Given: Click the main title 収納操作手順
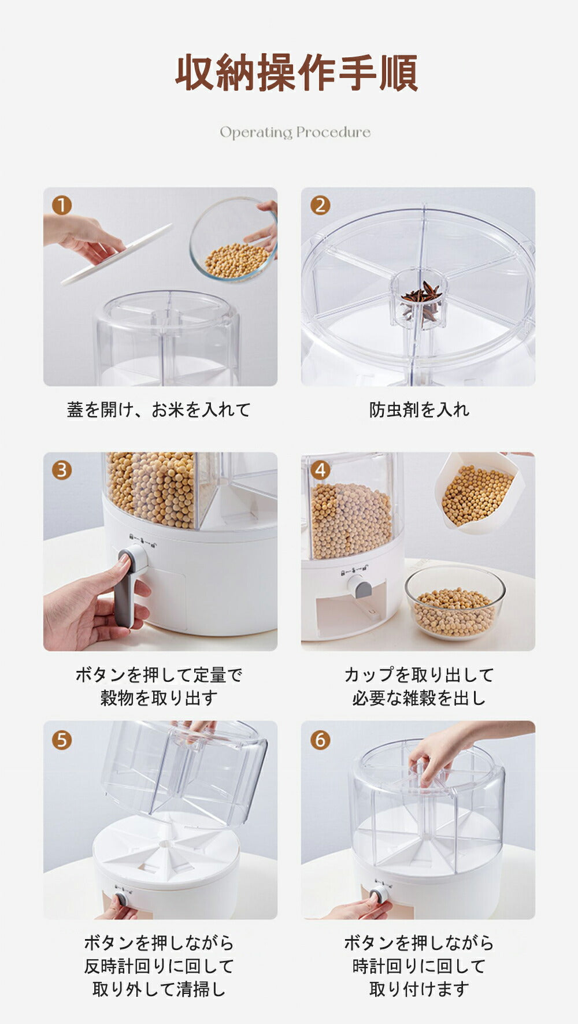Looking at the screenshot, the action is (x=297, y=73).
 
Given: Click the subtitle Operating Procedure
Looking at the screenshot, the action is (x=295, y=132).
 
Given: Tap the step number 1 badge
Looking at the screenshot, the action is (x=62, y=205).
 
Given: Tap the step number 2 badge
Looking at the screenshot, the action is (x=320, y=205).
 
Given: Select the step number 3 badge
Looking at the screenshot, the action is (x=62, y=470).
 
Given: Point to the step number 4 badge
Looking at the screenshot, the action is (x=320, y=470).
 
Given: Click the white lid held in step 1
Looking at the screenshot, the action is (x=117, y=254).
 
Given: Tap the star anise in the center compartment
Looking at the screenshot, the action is (x=422, y=300).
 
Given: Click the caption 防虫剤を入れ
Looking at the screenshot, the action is (x=419, y=410).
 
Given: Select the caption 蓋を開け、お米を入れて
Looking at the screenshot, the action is (x=159, y=410).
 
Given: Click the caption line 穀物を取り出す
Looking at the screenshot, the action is (x=159, y=697).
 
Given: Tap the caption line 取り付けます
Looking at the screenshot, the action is (x=419, y=989).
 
